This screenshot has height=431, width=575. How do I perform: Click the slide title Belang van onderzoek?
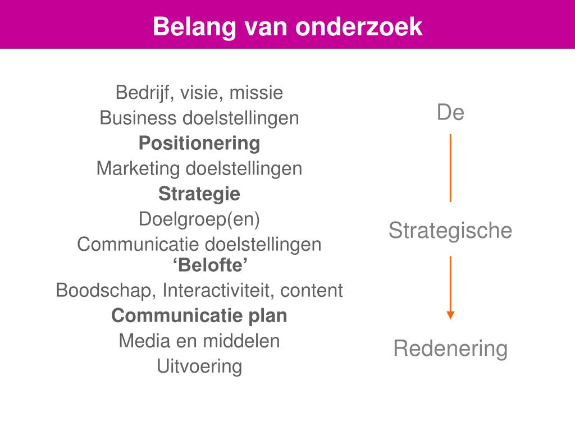(x=287, y=26)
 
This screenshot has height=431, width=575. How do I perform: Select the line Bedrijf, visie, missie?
(x=199, y=93)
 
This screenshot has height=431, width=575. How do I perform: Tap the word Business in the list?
(x=137, y=118)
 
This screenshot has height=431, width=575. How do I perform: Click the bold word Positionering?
(x=199, y=144)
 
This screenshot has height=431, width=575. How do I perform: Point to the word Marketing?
(x=138, y=168)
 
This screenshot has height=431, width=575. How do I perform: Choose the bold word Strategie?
(x=199, y=194)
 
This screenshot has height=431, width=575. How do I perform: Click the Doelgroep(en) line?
(x=199, y=219)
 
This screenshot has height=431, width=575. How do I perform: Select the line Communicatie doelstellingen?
(x=199, y=245)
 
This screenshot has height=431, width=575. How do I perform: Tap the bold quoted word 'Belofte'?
(x=199, y=264)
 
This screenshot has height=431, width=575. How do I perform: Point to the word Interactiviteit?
(x=219, y=291)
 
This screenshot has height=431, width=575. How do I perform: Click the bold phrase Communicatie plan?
(x=199, y=316)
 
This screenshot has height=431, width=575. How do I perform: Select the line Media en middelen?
(x=199, y=341)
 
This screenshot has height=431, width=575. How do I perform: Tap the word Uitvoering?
(x=199, y=366)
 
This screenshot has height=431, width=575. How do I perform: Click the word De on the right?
(x=450, y=113)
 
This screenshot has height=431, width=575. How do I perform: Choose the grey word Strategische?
(x=450, y=231)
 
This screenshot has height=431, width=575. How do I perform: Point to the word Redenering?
(x=450, y=349)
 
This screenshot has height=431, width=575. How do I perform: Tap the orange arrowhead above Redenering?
(x=450, y=315)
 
